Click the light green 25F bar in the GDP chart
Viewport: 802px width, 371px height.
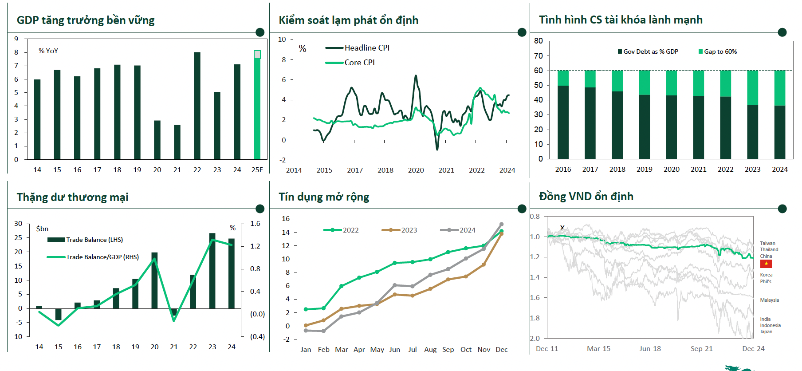[x=257, y=107]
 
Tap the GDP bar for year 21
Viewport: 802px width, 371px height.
[x=177, y=142]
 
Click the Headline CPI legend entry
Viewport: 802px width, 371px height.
[x=358, y=48]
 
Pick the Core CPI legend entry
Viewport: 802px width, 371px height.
[x=350, y=63]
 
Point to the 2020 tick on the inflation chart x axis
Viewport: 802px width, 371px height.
[x=416, y=170]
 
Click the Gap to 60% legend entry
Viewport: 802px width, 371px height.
[x=717, y=51]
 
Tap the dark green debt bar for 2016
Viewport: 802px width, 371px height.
[x=563, y=122]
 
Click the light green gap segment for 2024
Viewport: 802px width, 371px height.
[x=779, y=88]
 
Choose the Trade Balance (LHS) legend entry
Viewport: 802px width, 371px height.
[x=85, y=240]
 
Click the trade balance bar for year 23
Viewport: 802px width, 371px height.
[x=212, y=271]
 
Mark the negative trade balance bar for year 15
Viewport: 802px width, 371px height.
[x=58, y=314]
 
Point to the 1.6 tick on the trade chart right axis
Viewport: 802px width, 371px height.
[x=255, y=224]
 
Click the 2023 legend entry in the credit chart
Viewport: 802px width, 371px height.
[x=399, y=230]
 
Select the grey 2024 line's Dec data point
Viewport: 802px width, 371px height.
[x=501, y=225]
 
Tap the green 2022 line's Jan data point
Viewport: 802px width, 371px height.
[x=306, y=309]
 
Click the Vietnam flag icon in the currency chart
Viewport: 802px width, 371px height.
[x=766, y=264]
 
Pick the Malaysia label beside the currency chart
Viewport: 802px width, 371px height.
[x=769, y=300]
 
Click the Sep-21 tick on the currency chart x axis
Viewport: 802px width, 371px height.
[x=701, y=349]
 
